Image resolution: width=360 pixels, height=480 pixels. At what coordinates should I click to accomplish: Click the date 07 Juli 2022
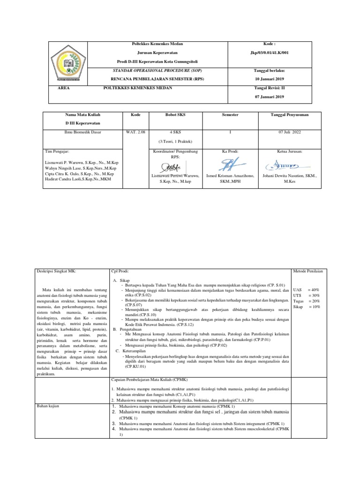click(290, 132)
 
